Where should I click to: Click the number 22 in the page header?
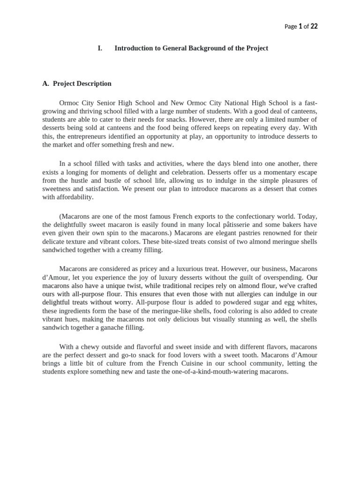pyautogui.click(x=314, y=26)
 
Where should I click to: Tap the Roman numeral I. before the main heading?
pyautogui.click(x=100, y=48)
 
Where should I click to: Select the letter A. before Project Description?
pyautogui.click(x=45, y=83)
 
